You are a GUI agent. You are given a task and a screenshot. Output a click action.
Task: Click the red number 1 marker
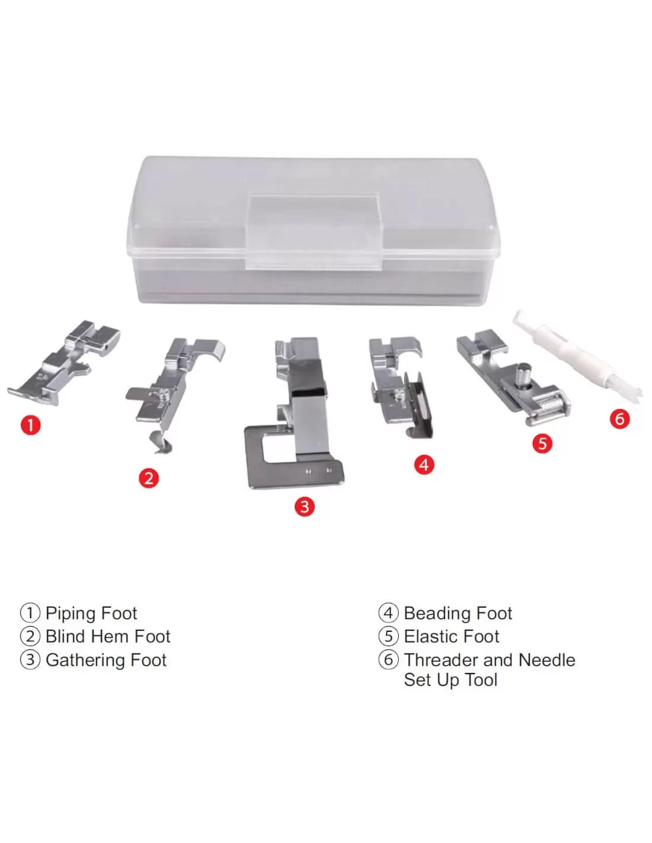point(31,424)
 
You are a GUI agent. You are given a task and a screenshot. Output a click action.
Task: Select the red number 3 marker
point(305,506)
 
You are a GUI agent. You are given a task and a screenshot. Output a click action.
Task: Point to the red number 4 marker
point(424,464)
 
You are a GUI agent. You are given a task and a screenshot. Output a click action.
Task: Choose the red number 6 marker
point(619,419)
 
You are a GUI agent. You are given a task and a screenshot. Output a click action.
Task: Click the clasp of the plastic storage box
point(314,232)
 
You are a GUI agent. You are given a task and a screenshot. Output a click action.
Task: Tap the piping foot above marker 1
point(64,362)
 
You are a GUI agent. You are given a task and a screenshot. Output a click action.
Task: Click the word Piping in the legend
point(71,614)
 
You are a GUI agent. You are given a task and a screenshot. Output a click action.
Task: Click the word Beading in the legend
point(437,614)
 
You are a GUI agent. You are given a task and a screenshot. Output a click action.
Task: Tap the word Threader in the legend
point(439,660)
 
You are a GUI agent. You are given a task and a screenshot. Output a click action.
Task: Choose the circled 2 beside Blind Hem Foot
point(30,637)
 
